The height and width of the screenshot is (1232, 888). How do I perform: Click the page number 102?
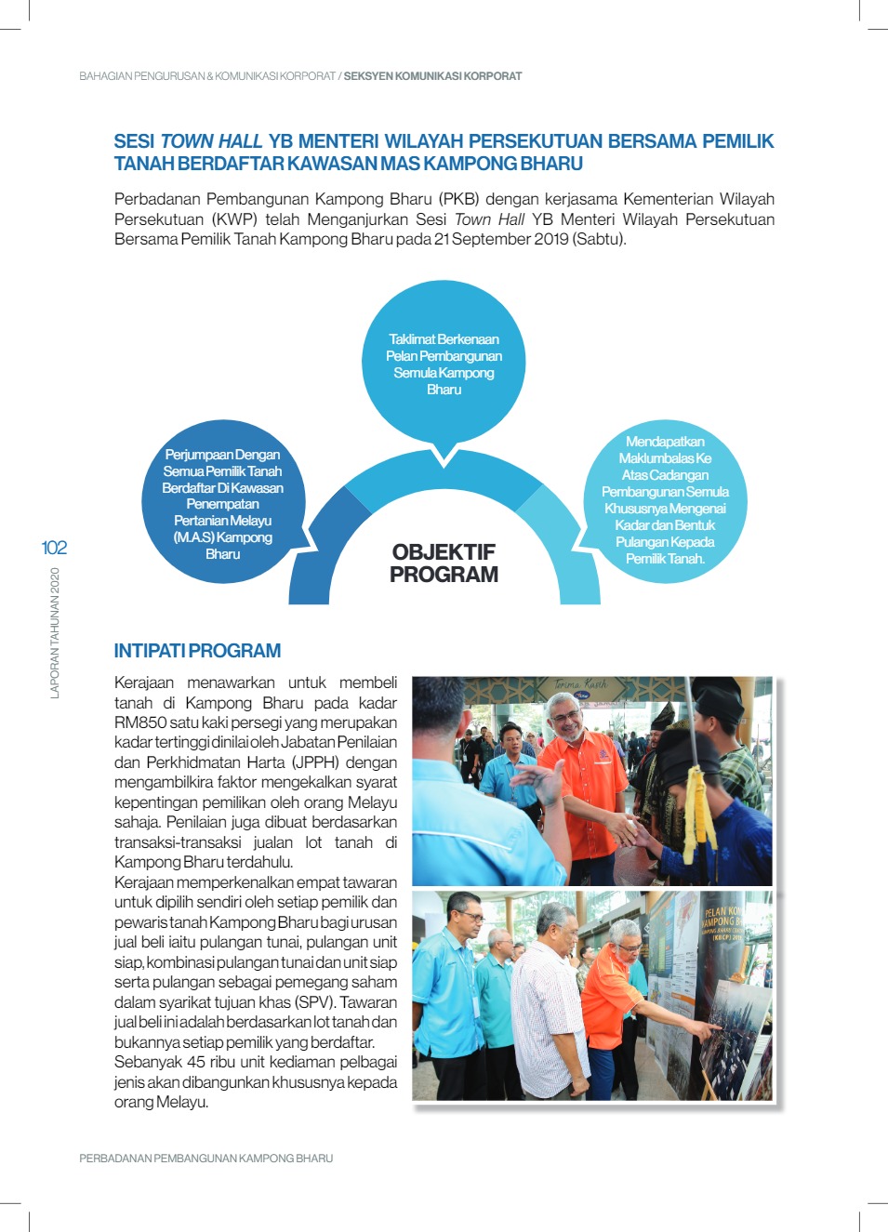coord(54,548)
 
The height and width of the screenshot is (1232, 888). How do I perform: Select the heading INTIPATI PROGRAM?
coord(197,651)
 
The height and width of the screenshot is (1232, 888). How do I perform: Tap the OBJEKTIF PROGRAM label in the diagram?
coord(444,563)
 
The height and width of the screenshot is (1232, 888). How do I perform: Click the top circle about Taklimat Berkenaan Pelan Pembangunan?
coord(444,363)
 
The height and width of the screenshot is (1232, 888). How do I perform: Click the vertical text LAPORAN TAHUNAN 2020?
coord(55,632)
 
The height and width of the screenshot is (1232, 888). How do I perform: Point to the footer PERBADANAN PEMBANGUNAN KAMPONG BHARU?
coord(205,1159)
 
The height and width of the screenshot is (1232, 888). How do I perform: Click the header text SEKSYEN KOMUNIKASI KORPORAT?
coord(432,76)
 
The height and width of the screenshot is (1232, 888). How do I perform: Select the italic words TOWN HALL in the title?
coord(211,141)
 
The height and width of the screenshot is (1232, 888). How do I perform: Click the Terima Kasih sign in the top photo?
coord(580,685)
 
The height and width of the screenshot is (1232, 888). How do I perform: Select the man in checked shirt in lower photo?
coord(550,1000)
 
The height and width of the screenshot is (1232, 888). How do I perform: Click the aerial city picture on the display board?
coord(735,1041)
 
